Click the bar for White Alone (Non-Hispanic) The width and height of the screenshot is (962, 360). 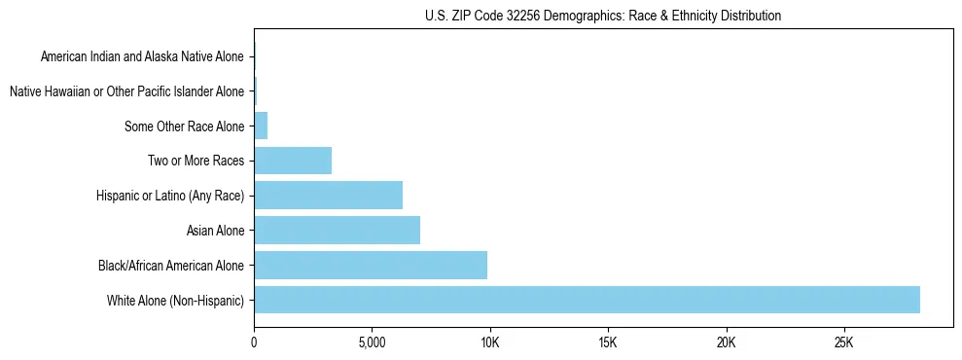pyautogui.click(x=587, y=300)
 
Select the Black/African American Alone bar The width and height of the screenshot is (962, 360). pyautogui.click(x=371, y=265)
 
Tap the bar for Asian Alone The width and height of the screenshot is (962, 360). pyautogui.click(x=337, y=231)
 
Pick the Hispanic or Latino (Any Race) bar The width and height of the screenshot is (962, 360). pyautogui.click(x=328, y=196)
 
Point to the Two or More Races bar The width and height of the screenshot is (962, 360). pyautogui.click(x=293, y=161)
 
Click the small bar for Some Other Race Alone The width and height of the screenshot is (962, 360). pyautogui.click(x=261, y=126)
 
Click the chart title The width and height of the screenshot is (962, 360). pyautogui.click(x=603, y=16)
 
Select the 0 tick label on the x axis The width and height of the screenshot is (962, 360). pyautogui.click(x=254, y=343)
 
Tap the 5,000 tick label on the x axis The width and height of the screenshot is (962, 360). pyautogui.click(x=372, y=343)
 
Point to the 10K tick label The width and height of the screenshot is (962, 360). pyautogui.click(x=489, y=343)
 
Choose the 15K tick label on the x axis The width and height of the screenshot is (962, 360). pyautogui.click(x=608, y=343)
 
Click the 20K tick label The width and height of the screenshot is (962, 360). pyautogui.click(x=726, y=343)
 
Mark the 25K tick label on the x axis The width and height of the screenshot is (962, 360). pyautogui.click(x=843, y=343)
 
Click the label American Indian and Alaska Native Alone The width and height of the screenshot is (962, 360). pyautogui.click(x=142, y=56)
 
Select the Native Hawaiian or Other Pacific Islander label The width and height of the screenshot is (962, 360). pyautogui.click(x=126, y=91)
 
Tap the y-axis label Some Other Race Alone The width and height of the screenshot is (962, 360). pyautogui.click(x=184, y=126)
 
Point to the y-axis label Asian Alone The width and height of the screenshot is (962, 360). pyautogui.click(x=215, y=231)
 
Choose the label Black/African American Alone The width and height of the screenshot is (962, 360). pyautogui.click(x=171, y=265)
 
